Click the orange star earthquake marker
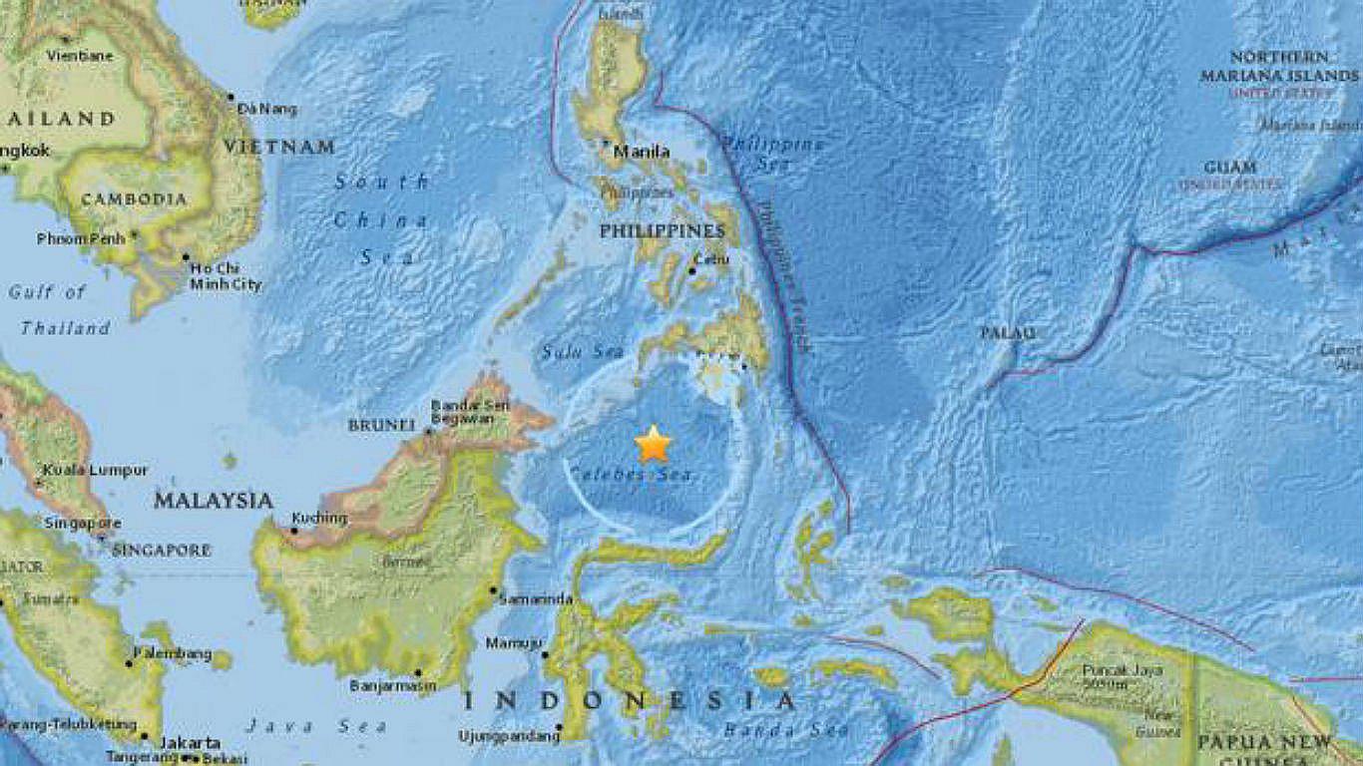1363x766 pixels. click(x=653, y=444)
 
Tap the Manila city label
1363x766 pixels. click(x=641, y=152)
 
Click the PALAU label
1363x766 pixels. click(x=1008, y=333)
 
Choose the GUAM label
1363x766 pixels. click(x=1230, y=167)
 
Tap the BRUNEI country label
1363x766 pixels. click(x=380, y=425)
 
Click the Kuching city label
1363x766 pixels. click(x=319, y=518)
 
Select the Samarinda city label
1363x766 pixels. click(x=536, y=598)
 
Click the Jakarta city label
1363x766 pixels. click(x=190, y=742)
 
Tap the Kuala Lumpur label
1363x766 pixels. click(x=96, y=470)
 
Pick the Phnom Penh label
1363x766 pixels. click(x=81, y=238)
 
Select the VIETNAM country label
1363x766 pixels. click(x=278, y=147)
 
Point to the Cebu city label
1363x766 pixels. click(x=711, y=259)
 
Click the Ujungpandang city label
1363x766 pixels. click(x=510, y=736)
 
